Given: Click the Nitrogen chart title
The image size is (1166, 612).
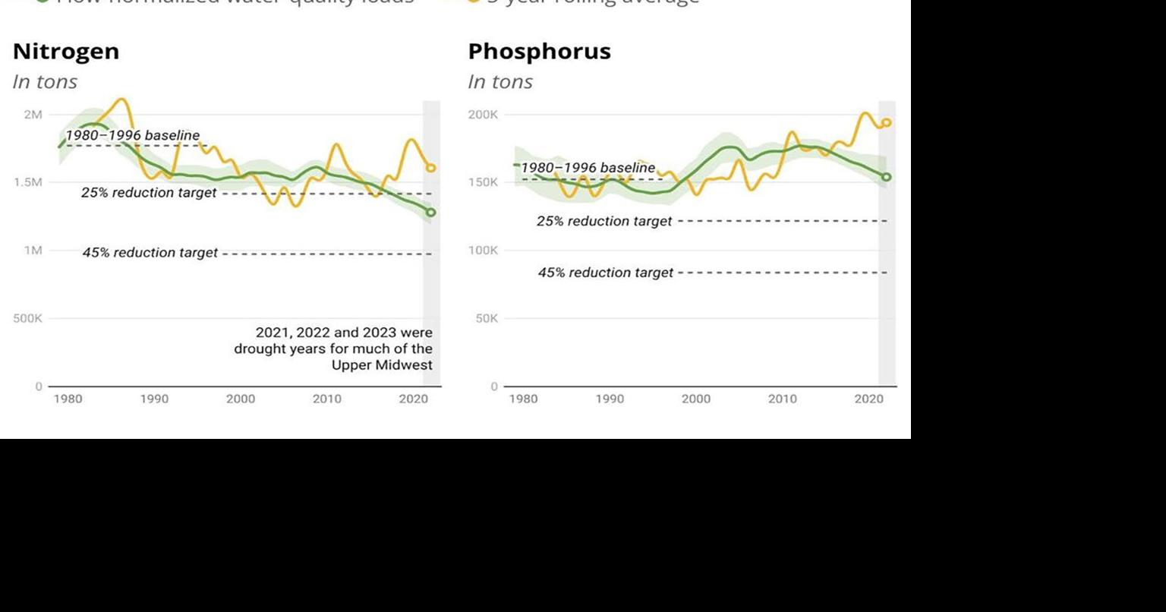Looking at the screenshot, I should click(x=66, y=52).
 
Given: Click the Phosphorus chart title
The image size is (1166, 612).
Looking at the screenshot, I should click(x=539, y=52).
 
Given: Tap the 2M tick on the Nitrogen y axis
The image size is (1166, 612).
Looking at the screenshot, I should click(x=33, y=115).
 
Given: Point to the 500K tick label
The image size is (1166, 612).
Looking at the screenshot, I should click(x=28, y=318).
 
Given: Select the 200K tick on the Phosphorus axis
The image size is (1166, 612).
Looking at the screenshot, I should click(x=483, y=115).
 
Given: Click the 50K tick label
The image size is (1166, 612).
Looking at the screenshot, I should click(x=487, y=318).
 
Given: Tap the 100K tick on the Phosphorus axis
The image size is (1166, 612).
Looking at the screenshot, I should click(x=483, y=251).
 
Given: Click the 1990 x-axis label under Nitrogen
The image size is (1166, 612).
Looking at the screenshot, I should click(x=154, y=399).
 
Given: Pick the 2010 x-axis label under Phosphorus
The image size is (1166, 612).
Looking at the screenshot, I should click(x=783, y=399).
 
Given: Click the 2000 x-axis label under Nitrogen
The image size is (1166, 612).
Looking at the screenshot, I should click(x=241, y=399).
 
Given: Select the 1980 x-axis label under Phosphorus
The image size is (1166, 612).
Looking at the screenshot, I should click(x=523, y=399).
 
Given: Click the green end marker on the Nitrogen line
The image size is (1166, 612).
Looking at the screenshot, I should click(x=431, y=213).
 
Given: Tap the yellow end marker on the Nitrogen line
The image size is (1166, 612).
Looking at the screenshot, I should click(x=431, y=168).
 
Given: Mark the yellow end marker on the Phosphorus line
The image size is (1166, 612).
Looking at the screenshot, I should click(x=886, y=123).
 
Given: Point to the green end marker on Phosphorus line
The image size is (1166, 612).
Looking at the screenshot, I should click(x=886, y=177).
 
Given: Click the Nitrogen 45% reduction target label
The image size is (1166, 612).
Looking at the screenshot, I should click(x=150, y=253).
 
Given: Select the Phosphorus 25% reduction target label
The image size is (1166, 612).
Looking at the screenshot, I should click(x=604, y=222).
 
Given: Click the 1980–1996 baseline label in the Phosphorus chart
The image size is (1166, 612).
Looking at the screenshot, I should click(x=588, y=168).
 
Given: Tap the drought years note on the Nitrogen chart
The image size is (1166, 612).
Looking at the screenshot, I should click(x=333, y=349).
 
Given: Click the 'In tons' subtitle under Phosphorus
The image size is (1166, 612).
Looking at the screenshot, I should click(x=500, y=82).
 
